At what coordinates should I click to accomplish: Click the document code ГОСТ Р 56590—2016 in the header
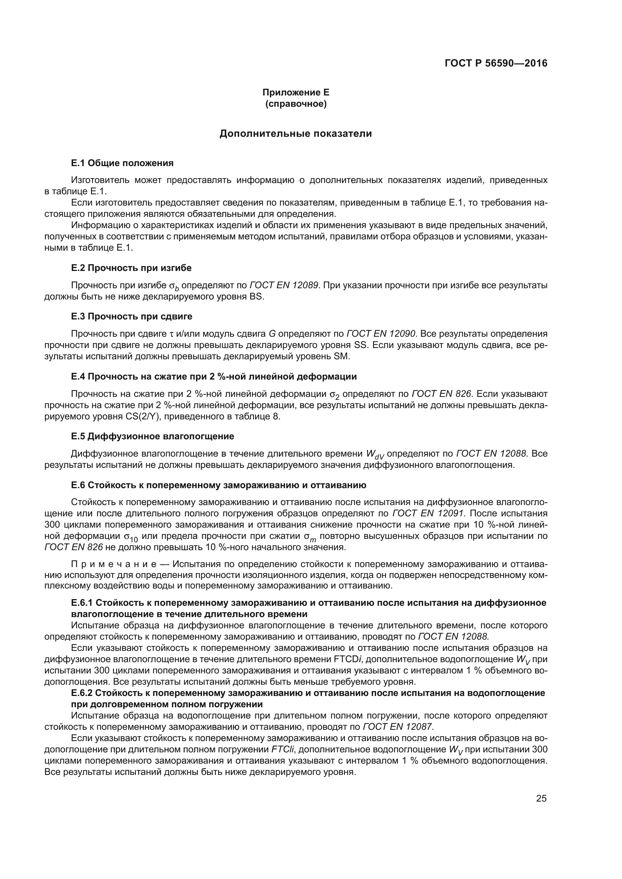pos(496,63)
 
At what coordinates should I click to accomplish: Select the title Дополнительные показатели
pos(295,134)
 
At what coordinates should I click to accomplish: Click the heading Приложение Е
pos(296,92)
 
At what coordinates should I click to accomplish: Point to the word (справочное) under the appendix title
pos(296,104)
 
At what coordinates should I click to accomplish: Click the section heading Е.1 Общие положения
pos(122,163)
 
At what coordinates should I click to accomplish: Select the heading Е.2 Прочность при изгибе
pos(131,268)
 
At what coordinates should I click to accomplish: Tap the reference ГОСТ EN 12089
pos(284,285)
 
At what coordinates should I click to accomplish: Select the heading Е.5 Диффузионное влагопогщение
pos(152,436)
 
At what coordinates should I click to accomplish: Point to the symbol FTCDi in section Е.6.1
pos(348,659)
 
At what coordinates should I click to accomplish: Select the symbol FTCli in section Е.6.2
pos(282,749)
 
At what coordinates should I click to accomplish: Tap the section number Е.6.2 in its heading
pos(82,693)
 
